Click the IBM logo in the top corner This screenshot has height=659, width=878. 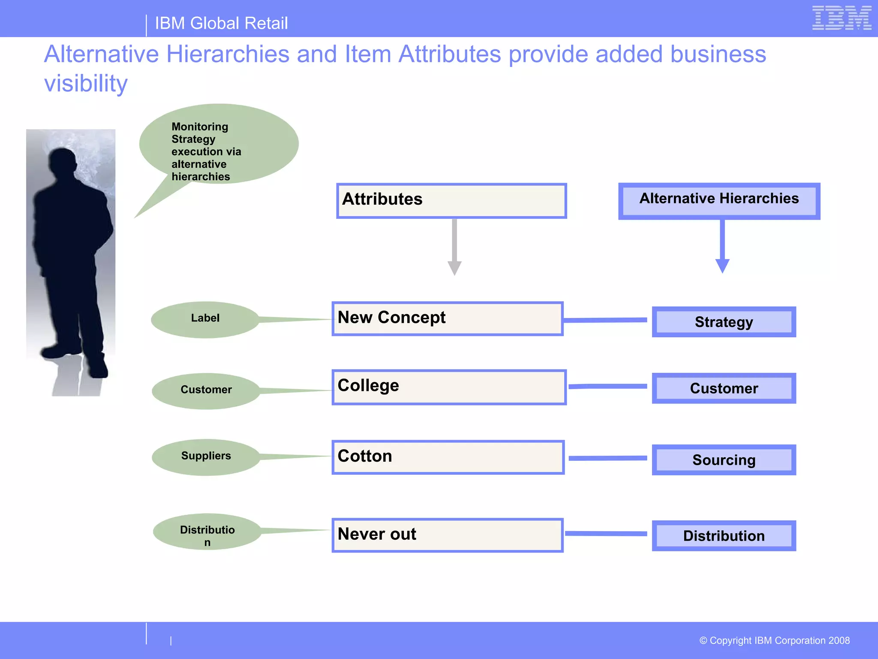[842, 18]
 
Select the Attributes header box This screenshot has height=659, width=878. [451, 201]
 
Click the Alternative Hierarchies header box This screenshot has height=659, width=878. [719, 201]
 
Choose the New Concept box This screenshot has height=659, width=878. [447, 318]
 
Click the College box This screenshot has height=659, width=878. [449, 387]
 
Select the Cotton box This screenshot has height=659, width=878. [448, 457]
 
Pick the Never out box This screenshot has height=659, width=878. [447, 535]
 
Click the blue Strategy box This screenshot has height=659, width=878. [724, 322]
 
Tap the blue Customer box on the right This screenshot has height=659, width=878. [724, 388]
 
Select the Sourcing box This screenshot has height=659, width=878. [724, 460]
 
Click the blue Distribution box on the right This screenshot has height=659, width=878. [724, 536]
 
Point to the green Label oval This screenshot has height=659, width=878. [205, 320]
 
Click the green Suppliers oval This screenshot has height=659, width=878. [206, 457]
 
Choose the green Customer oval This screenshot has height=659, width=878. [206, 391]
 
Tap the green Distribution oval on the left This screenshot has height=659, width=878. [207, 532]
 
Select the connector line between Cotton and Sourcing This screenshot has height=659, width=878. [607, 458]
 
